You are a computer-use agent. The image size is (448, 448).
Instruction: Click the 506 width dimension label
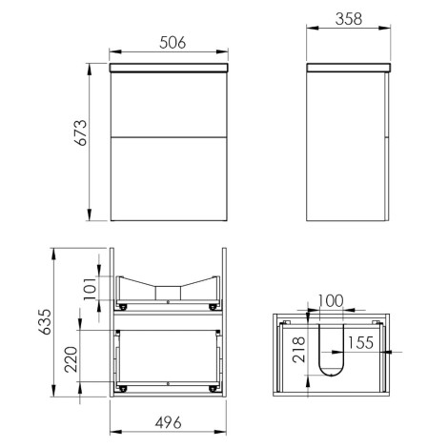click(x=173, y=43)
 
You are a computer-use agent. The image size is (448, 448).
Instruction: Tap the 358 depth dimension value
click(x=349, y=19)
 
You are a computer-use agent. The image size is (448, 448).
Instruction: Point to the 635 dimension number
click(x=45, y=321)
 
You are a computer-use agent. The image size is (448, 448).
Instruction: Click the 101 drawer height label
click(x=91, y=289)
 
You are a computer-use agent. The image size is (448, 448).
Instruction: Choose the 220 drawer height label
click(x=71, y=359)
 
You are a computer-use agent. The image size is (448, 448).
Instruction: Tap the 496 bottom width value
click(x=169, y=422)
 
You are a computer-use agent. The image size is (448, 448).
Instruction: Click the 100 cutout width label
click(x=331, y=300)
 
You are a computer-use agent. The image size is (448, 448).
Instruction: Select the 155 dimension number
click(x=360, y=342)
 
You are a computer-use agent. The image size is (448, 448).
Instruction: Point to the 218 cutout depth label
click(x=299, y=350)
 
